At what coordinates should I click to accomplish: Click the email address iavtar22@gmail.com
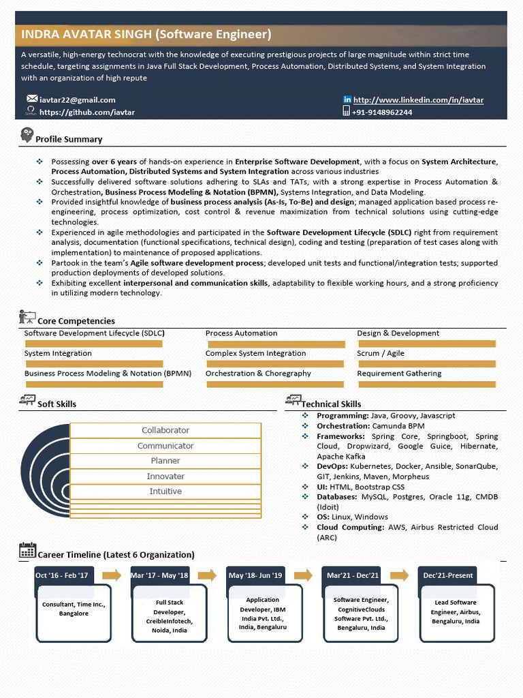tap(77, 100)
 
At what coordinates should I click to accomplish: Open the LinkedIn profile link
tap(418, 100)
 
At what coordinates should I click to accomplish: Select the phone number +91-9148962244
tap(381, 112)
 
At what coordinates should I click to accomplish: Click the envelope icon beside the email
tap(31, 100)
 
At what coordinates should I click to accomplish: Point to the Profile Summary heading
tap(69, 139)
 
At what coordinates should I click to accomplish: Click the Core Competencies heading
tap(76, 321)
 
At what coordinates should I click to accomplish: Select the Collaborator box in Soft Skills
tap(165, 430)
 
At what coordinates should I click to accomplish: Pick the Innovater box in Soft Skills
tap(165, 476)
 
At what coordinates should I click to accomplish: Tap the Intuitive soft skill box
tap(165, 491)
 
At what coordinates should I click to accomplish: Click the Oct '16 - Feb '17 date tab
tap(62, 575)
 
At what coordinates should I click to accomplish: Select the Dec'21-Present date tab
tap(447, 575)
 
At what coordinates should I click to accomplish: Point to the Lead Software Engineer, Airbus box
tap(455, 612)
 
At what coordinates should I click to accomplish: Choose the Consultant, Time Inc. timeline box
tap(74, 609)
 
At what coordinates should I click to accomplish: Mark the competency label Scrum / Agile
tap(380, 354)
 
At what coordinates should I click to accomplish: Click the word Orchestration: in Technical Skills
tap(343, 426)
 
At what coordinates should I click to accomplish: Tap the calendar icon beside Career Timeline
tap(27, 551)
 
